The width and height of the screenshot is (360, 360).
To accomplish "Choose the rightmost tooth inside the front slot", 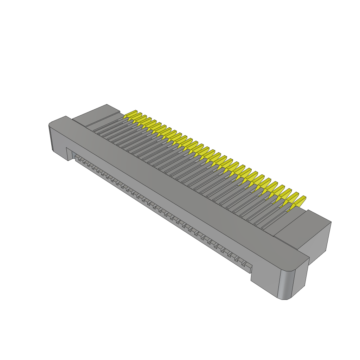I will click(246, 264).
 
